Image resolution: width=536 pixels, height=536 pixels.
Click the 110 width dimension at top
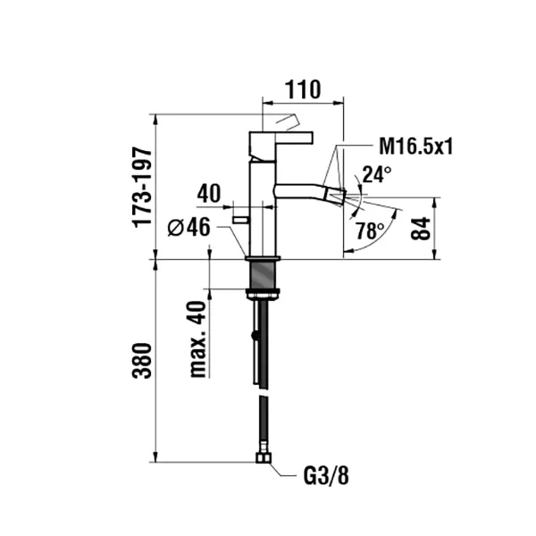pos(303,89)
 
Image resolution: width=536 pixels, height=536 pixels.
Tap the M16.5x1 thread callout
pos(416,146)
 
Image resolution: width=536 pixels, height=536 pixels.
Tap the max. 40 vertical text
pos(197,339)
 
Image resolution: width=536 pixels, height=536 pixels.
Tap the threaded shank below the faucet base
pos(263,272)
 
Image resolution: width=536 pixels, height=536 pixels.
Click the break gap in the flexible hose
pos(262,393)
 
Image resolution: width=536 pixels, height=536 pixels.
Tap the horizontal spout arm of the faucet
pos(308,189)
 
